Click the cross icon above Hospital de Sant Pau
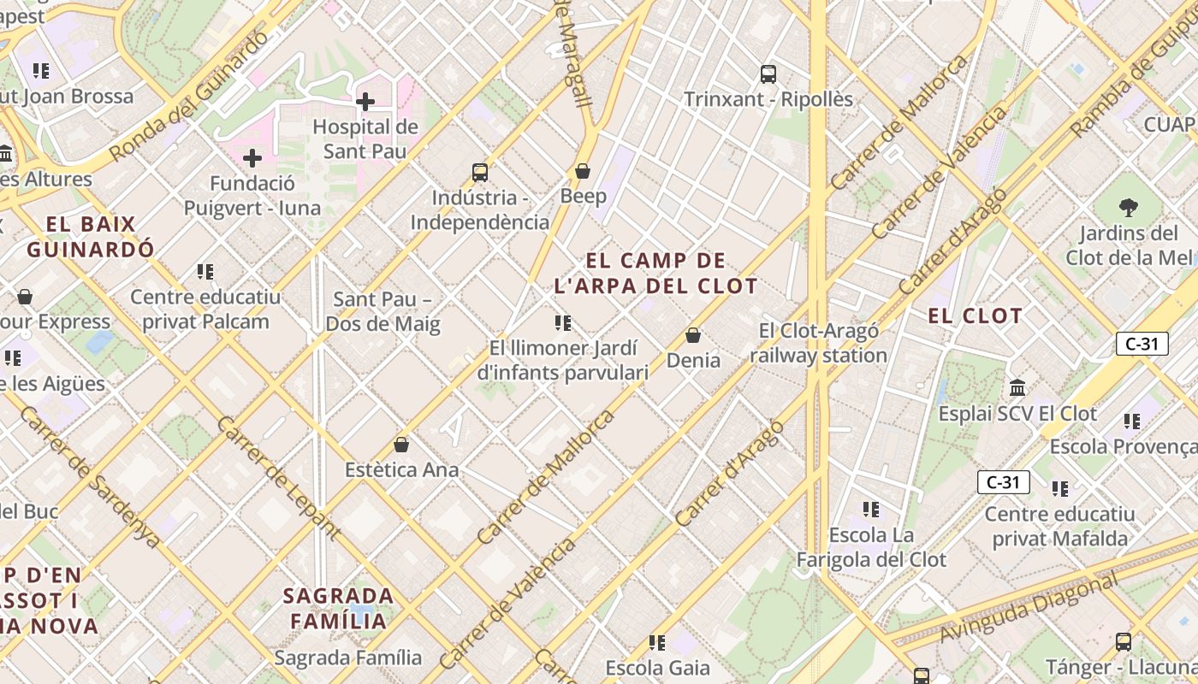(365, 102)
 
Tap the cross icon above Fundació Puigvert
(252, 158)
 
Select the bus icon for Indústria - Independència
(480, 173)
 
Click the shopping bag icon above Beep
(583, 171)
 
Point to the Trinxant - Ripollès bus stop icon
(768, 74)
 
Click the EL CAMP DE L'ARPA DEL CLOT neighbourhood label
(655, 273)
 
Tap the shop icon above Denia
(693, 335)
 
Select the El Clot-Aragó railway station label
(819, 343)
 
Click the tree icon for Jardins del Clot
(1128, 207)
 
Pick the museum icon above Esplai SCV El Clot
(1017, 387)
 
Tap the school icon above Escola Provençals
(1132, 421)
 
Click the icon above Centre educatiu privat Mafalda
(1060, 489)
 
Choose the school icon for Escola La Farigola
(871, 510)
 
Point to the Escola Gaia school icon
(657, 642)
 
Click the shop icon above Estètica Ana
(401, 445)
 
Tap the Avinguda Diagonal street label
(1029, 608)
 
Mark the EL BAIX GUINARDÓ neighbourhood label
(91, 237)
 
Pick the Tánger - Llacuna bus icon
(1124, 641)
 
